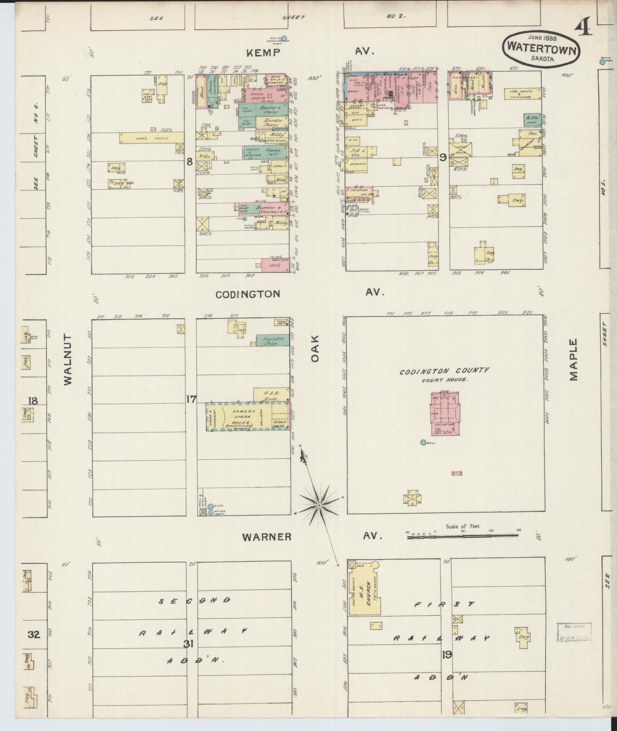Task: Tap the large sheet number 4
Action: (x=583, y=28)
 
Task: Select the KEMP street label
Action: (x=263, y=53)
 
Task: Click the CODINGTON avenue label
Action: (x=248, y=294)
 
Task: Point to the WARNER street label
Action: (x=267, y=537)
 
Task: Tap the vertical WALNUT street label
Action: (x=68, y=360)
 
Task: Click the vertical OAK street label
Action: (x=315, y=348)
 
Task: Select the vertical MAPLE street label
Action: (x=573, y=360)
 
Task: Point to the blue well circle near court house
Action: (x=423, y=442)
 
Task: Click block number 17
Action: (x=191, y=399)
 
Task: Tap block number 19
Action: (x=447, y=654)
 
